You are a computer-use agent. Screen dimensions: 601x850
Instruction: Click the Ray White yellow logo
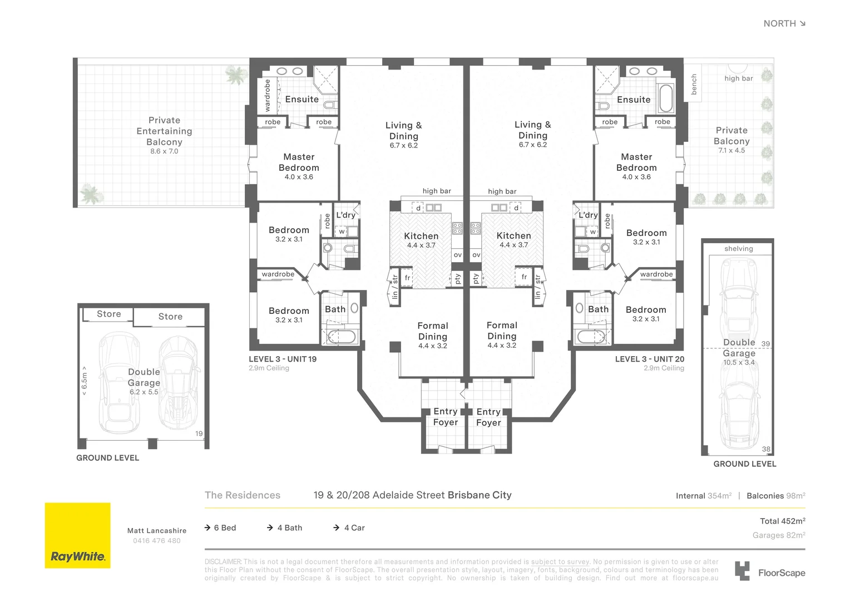coord(77,535)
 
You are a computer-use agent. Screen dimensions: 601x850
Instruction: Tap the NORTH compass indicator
coord(784,23)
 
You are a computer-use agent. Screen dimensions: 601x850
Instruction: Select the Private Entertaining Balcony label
coord(164,131)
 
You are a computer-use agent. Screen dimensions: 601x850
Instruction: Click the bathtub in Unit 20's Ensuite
coord(665,98)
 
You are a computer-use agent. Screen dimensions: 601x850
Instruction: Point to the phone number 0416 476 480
coord(156,541)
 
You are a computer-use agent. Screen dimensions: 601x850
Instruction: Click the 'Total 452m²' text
coord(782,521)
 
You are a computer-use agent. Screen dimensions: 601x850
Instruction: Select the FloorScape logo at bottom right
coord(770,572)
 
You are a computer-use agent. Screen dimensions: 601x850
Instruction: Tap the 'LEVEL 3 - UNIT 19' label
coord(283,359)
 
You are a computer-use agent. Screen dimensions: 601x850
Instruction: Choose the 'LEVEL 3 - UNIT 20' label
coord(649,359)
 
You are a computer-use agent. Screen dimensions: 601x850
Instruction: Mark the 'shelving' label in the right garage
coord(738,249)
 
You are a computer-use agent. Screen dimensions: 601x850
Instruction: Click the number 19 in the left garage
coord(199,433)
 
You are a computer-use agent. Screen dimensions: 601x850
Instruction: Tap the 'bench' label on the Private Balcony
coord(694,85)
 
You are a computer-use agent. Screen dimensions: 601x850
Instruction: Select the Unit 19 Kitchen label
coord(421,236)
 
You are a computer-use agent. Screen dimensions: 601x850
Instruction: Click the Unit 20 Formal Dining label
coord(502,331)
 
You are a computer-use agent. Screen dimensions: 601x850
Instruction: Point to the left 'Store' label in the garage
coord(108,314)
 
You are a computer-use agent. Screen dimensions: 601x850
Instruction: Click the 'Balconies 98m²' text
coord(775,496)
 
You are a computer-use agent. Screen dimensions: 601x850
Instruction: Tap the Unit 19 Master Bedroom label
coord(299,162)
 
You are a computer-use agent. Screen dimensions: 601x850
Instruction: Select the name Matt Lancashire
coord(156,531)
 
